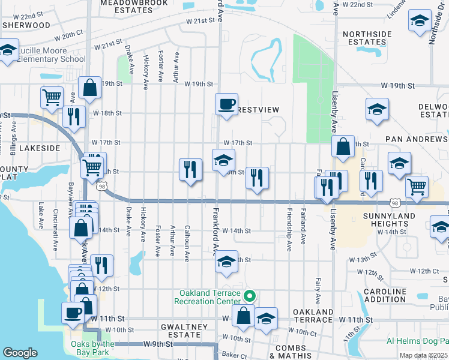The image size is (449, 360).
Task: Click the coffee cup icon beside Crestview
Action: point(226,104)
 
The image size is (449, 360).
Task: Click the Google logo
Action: point(20,353)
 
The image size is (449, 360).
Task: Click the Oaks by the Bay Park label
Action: point(92,348)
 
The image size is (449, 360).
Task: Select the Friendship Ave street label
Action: point(289,230)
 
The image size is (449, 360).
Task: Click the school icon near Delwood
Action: point(376,109)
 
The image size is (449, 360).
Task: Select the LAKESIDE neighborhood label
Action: point(40,148)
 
